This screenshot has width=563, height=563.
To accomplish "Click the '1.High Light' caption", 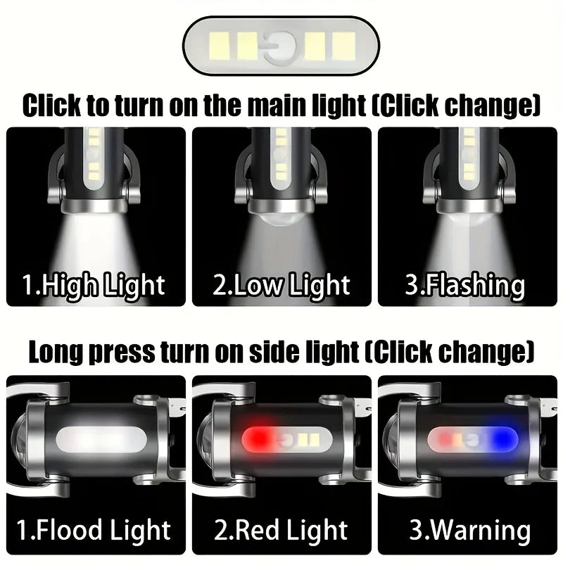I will [94, 285].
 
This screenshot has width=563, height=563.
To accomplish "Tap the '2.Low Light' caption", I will [281, 285].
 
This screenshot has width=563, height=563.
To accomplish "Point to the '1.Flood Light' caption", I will [94, 529].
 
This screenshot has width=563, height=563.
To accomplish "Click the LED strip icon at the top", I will [281, 47].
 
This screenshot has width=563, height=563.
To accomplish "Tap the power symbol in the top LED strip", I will [281, 47].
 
